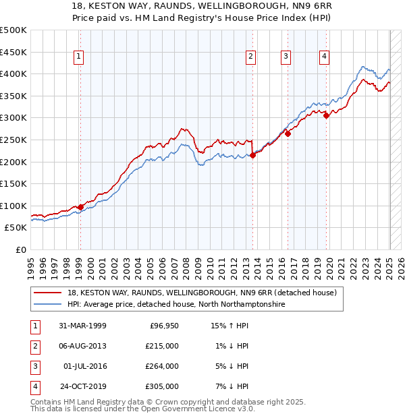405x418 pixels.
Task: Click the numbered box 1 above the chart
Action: [80, 57]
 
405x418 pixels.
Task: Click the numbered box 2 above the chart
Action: [250, 57]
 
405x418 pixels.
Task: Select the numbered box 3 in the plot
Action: [286, 57]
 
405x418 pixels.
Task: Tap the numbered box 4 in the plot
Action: [325, 57]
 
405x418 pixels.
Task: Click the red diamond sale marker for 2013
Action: [252, 155]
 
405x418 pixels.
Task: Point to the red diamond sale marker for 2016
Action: [288, 133]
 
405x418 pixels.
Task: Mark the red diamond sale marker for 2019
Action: [326, 115]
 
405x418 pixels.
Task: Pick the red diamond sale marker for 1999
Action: [80, 207]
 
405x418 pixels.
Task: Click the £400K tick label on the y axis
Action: [13, 73]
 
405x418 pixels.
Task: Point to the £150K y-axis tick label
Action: [13, 183]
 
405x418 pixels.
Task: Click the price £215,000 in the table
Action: [163, 346]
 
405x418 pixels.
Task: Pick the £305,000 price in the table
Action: [163, 386]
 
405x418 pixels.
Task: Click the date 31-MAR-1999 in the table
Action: [83, 326]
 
